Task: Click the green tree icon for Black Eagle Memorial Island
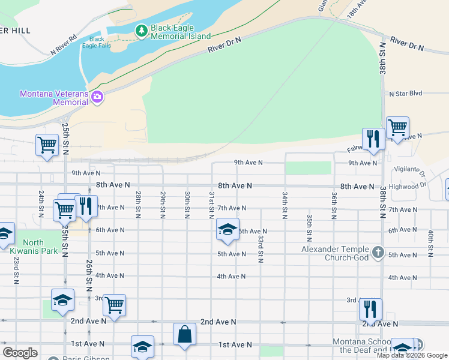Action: [141, 30]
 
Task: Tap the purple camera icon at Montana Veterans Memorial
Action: [97, 97]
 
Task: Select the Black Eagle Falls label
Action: [97, 42]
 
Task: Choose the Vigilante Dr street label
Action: [409, 172]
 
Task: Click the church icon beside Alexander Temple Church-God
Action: [378, 253]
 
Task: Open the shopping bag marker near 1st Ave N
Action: [185, 334]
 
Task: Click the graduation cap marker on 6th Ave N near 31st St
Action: [228, 229]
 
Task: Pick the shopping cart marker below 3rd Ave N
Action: [114, 305]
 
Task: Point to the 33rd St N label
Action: [261, 248]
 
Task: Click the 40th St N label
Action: [430, 244]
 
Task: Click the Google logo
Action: [20, 353]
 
